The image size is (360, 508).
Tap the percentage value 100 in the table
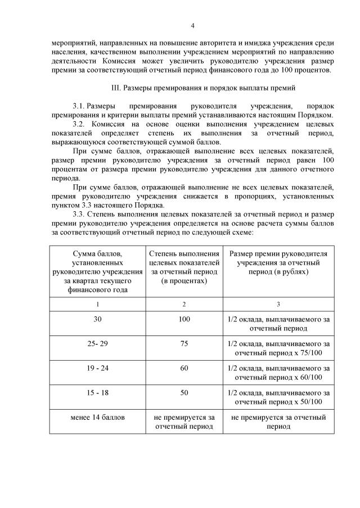pos(184,319)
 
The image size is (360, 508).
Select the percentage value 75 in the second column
pos(184,344)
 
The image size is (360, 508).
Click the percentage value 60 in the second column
pos(184,368)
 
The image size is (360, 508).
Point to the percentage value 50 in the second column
pos(184,393)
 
